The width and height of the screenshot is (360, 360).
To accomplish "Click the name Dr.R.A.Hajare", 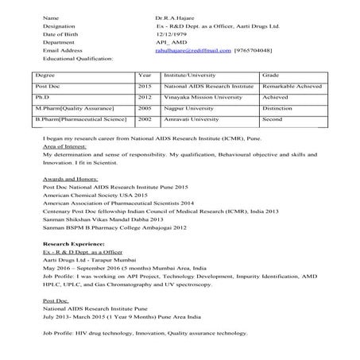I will (176, 17).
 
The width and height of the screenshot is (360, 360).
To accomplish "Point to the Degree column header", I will (45, 75).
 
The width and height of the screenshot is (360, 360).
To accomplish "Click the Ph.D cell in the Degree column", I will (44, 97).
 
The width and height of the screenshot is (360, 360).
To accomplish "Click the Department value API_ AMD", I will (172, 41).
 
